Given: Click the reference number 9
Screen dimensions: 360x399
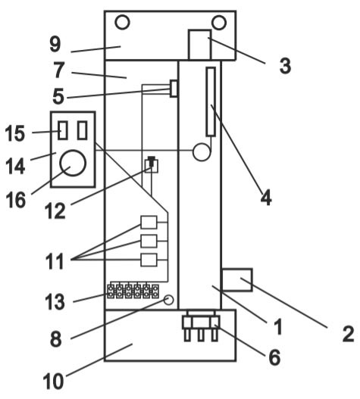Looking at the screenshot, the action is [55, 45].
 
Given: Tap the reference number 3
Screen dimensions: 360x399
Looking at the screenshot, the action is [285, 66].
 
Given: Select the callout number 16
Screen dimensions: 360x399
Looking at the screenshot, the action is [16, 200].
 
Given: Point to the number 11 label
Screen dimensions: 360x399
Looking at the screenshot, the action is [55, 261].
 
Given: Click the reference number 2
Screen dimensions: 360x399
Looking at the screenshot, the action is [348, 334].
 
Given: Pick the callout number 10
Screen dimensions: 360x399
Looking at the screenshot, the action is [53, 382].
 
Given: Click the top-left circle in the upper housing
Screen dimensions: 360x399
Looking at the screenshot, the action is [122, 23].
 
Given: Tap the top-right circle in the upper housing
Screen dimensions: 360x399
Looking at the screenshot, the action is [219, 23].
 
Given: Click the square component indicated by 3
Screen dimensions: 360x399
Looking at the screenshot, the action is [200, 45].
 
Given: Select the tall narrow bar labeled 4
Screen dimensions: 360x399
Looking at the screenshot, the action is [211, 101].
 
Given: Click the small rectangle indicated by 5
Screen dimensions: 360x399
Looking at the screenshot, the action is [174, 89].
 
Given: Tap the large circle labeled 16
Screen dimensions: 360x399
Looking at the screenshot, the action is [73, 163].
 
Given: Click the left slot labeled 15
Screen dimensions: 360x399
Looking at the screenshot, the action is [63, 130].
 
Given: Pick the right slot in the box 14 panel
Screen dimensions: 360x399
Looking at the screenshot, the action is [83, 130].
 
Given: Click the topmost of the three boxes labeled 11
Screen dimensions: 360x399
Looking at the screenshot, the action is [149, 222].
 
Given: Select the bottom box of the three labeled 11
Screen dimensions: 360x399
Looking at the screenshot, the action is [149, 260].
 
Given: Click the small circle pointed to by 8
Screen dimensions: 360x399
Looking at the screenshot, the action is [168, 300].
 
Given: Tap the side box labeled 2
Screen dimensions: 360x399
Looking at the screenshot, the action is [237, 279].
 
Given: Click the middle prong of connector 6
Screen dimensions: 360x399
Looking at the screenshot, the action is [201, 335].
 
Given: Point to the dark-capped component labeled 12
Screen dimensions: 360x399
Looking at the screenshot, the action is [152, 165].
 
